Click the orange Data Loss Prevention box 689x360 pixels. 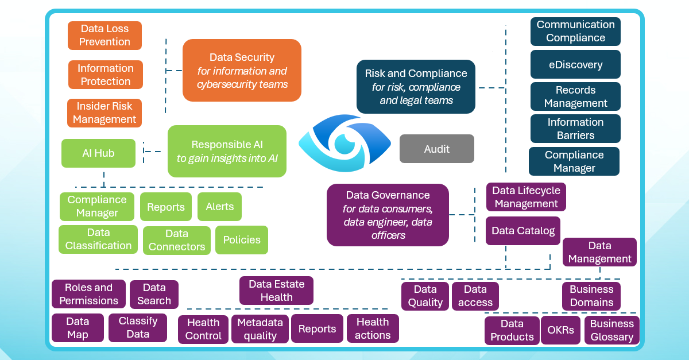click(x=104, y=36)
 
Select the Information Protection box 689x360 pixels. click(x=105, y=75)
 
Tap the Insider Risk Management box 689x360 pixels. click(x=104, y=113)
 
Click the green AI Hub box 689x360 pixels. click(x=98, y=153)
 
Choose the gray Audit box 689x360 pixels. click(x=436, y=149)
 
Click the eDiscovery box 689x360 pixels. click(x=575, y=64)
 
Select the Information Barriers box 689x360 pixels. click(x=575, y=129)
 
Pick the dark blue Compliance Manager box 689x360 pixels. click(x=574, y=161)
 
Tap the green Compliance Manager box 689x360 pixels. click(x=97, y=207)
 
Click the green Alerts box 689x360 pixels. click(x=219, y=207)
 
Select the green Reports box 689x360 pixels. click(x=166, y=207)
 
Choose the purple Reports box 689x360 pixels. click(x=317, y=329)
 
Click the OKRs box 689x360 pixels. click(x=561, y=331)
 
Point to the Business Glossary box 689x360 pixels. click(x=612, y=330)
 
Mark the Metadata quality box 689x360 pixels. click(x=260, y=329)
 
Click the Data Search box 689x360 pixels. click(x=154, y=295)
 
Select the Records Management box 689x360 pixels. click(x=575, y=96)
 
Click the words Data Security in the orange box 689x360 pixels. click(x=242, y=57)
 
